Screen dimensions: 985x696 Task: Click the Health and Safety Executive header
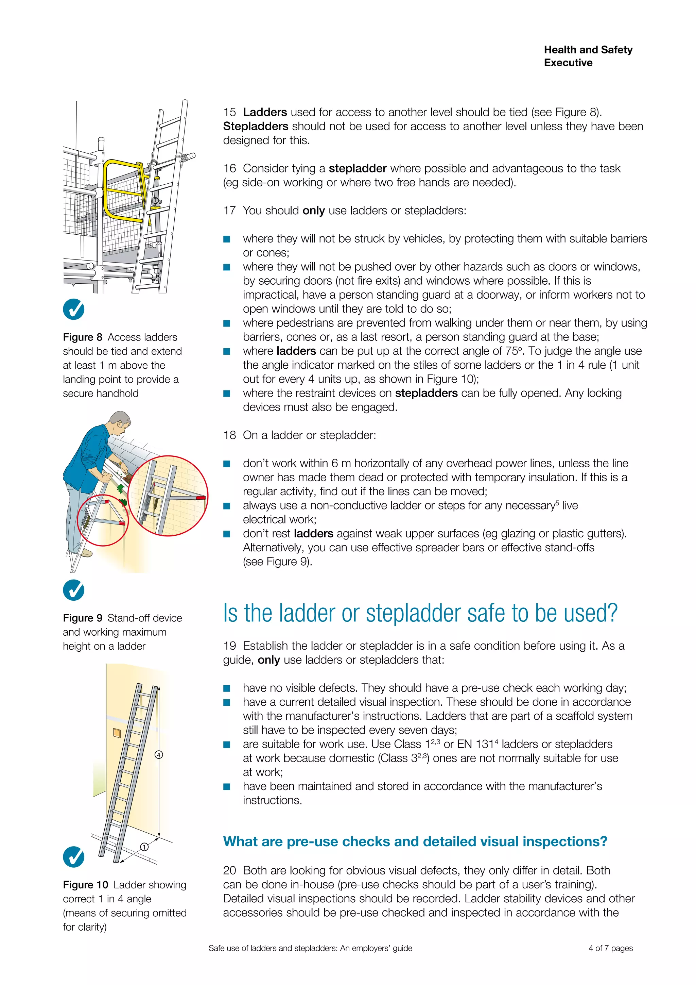(x=588, y=56)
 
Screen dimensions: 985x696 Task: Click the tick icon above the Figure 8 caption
(x=74, y=309)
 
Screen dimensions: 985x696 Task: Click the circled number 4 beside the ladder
(x=159, y=755)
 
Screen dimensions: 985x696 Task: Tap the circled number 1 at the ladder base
(x=144, y=847)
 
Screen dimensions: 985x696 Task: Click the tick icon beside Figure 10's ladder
(x=74, y=857)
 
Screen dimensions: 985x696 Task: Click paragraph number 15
(x=229, y=112)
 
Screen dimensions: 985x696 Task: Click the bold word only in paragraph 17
(x=313, y=211)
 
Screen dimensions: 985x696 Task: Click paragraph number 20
(x=229, y=870)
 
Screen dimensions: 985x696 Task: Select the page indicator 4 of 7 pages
(x=610, y=948)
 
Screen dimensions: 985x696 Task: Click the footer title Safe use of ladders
(x=310, y=948)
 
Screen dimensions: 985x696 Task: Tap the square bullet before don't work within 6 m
(x=227, y=464)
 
